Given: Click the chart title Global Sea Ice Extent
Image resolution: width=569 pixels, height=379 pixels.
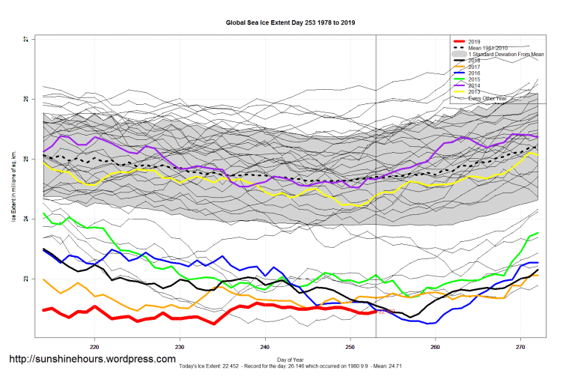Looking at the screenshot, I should click(x=290, y=22).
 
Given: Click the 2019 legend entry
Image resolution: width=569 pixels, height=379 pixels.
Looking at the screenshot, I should click(x=474, y=41).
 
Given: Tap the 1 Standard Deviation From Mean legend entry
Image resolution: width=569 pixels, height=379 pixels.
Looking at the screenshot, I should click(x=505, y=55).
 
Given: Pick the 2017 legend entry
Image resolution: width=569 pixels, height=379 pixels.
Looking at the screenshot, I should click(x=474, y=67).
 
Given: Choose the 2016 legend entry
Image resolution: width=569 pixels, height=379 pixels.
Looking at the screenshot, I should click(x=474, y=73).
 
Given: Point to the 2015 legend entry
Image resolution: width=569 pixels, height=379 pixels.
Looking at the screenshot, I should click(x=474, y=79).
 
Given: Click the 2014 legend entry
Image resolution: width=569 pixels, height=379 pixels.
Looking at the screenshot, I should click(x=474, y=86).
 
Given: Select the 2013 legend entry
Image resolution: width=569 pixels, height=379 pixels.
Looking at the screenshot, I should click(x=474, y=92).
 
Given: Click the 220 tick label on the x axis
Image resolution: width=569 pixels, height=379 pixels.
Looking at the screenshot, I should click(x=94, y=347).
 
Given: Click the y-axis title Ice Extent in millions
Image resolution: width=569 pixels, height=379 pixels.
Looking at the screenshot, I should click(x=13, y=187).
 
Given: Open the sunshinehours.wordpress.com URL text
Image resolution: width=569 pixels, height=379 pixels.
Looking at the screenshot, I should click(x=92, y=360).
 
